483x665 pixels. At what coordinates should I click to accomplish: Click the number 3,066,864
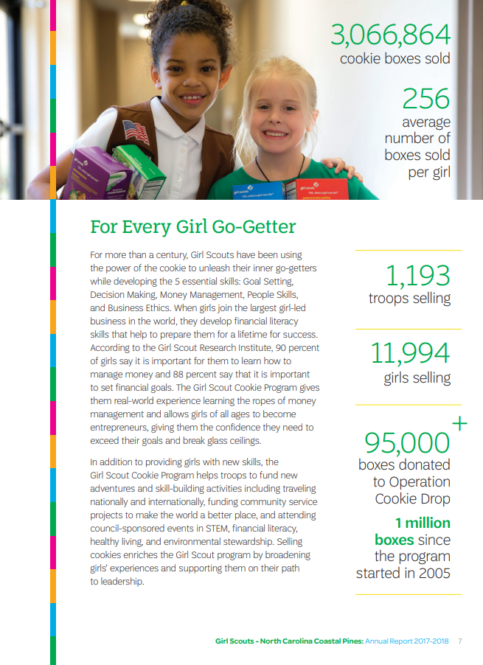pyautogui.click(x=390, y=35)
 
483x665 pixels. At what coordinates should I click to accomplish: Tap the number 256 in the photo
pyautogui.click(x=425, y=99)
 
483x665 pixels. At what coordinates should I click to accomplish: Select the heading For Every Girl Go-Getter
pyautogui.click(x=192, y=226)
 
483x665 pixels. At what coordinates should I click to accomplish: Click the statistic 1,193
pyautogui.click(x=417, y=276)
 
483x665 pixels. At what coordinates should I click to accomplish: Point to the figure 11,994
pyautogui.click(x=410, y=354)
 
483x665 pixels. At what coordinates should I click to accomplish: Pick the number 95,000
pyautogui.click(x=407, y=442)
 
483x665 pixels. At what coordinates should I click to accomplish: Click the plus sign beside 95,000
pyautogui.click(x=459, y=423)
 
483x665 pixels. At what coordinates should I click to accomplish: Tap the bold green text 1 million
pyautogui.click(x=423, y=523)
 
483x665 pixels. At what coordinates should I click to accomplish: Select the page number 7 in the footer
pyautogui.click(x=460, y=641)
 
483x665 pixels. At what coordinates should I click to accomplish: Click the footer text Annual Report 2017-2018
pyautogui.click(x=407, y=641)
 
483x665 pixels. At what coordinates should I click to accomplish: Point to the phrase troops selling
pyautogui.click(x=409, y=299)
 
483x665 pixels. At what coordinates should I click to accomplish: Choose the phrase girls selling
pyautogui.click(x=417, y=378)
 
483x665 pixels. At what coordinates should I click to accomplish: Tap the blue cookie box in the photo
pyautogui.click(x=258, y=191)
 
